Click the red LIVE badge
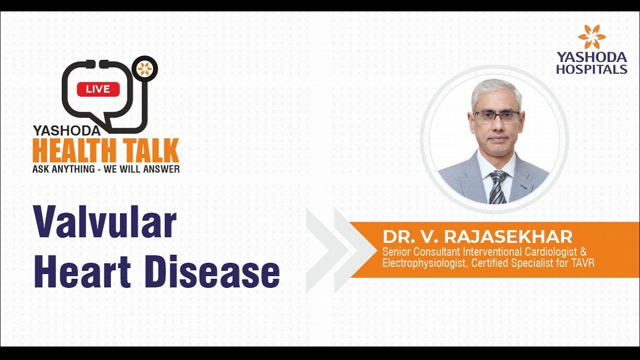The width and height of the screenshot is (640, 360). click(x=98, y=89)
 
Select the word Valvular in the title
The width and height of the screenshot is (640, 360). click(x=105, y=222)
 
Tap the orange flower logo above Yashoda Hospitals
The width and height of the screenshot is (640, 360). click(x=591, y=36)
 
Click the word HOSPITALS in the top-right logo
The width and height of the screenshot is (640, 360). click(x=591, y=69)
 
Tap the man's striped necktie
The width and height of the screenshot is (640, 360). click(x=497, y=187)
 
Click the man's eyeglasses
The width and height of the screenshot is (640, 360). click(x=496, y=117)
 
